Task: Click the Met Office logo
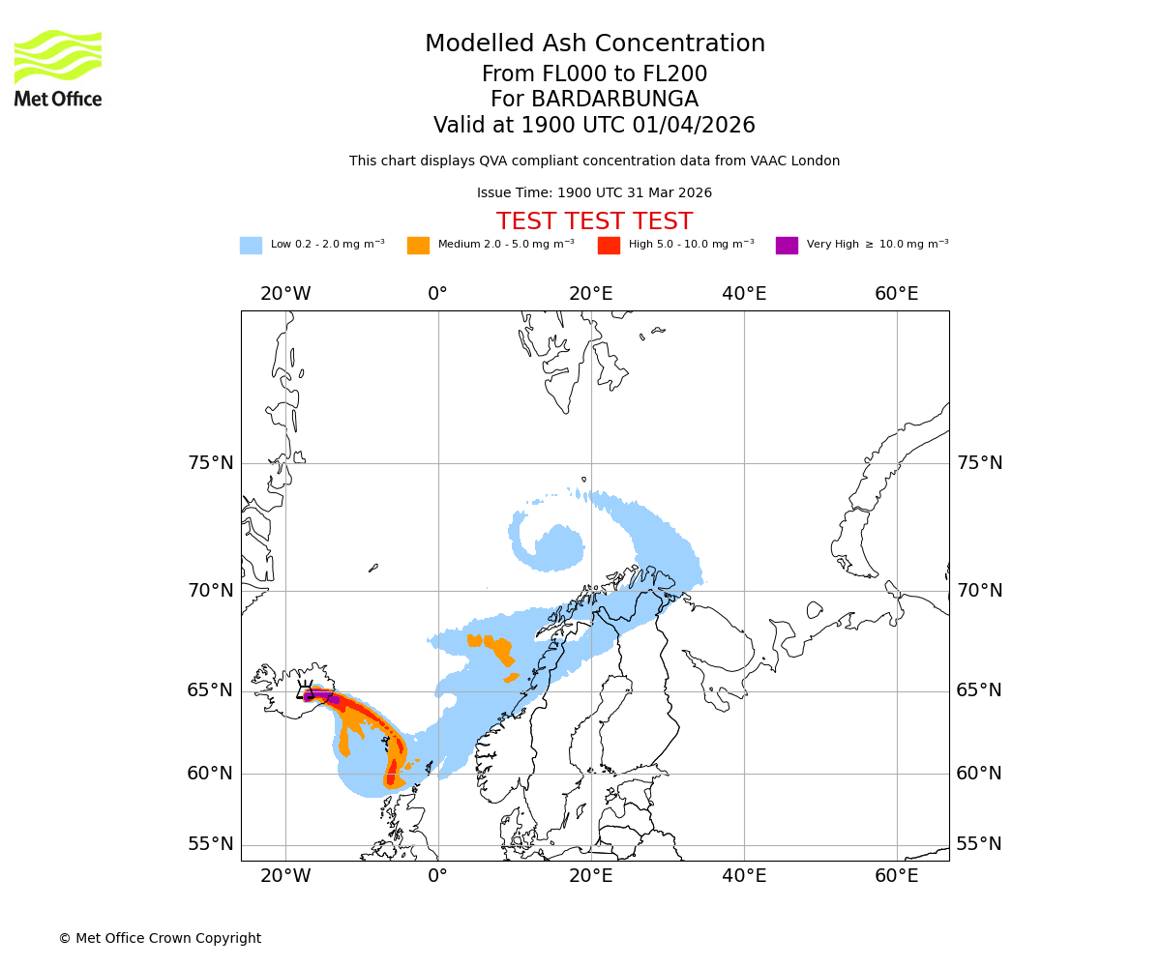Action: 58,68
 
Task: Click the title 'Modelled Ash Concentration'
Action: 594,44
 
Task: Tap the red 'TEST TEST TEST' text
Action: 594,221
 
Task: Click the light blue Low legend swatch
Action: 251,246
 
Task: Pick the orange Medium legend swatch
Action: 418,246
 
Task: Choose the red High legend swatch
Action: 609,246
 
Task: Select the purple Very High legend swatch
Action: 787,246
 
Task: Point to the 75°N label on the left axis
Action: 211,463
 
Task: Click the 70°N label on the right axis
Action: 979,591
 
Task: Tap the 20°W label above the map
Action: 285,294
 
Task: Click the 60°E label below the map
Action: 896,876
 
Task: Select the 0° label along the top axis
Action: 437,294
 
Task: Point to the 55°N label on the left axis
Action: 211,844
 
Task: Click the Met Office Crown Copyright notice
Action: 160,938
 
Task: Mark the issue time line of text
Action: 594,192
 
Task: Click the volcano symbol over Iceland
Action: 305,689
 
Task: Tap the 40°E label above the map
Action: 744,294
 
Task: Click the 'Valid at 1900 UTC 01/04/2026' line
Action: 594,126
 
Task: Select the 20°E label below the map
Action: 590,876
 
